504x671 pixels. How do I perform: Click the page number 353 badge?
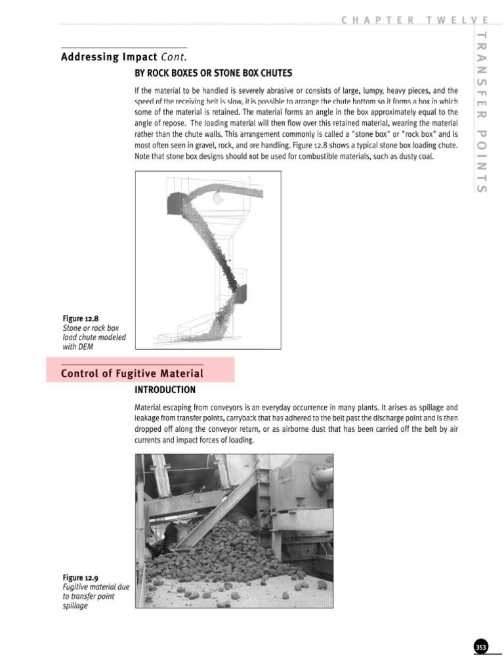tap(481, 647)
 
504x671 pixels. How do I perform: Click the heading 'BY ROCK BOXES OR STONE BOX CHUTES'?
tap(213, 73)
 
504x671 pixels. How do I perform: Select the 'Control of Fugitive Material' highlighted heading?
tap(132, 374)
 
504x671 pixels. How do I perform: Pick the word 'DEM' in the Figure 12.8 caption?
tap(85, 347)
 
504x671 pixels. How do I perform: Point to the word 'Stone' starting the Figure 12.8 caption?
tap(73, 328)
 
